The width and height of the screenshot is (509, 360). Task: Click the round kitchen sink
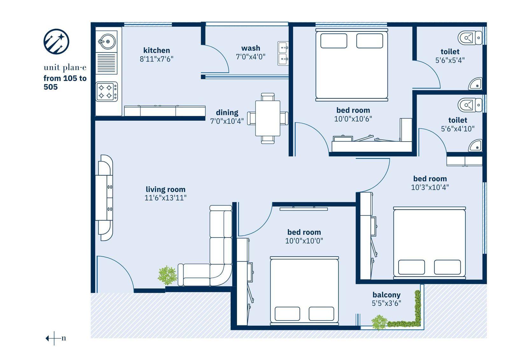(x=107, y=41)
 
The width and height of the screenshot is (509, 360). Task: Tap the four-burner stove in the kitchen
(x=107, y=92)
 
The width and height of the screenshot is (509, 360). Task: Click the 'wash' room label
(x=251, y=48)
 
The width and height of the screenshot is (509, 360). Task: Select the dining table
(x=268, y=118)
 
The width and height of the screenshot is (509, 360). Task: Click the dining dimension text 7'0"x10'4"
(x=227, y=121)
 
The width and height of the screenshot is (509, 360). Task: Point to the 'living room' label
(x=165, y=189)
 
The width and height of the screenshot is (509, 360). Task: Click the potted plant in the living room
(x=167, y=275)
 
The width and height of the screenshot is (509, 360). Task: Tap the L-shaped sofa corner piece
(x=220, y=275)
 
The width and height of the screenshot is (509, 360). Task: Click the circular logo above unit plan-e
(x=56, y=42)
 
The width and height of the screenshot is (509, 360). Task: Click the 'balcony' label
(x=386, y=295)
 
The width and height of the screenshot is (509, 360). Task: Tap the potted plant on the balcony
(x=379, y=322)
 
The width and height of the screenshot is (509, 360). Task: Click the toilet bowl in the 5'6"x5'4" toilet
(x=470, y=38)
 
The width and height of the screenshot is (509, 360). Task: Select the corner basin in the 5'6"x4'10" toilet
(x=475, y=145)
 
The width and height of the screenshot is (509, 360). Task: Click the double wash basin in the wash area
(x=283, y=53)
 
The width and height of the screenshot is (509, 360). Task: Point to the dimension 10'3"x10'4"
(x=430, y=187)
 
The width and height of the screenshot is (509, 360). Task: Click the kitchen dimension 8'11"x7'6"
(x=156, y=59)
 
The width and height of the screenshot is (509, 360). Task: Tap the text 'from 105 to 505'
(x=65, y=82)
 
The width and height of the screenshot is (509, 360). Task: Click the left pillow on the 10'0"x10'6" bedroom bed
(x=334, y=41)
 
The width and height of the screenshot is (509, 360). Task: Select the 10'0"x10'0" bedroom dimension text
(x=304, y=241)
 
